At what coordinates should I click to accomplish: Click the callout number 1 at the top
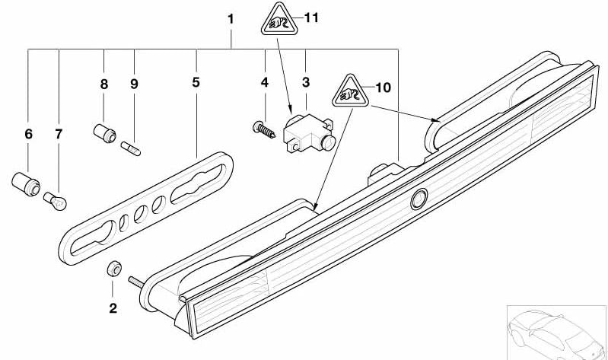pyautogui.click(x=231, y=18)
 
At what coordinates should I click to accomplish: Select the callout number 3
pyautogui.click(x=306, y=81)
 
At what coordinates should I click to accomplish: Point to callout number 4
pyautogui.click(x=265, y=81)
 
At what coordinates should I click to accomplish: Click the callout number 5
pyautogui.click(x=196, y=81)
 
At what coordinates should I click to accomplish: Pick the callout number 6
pyautogui.click(x=29, y=134)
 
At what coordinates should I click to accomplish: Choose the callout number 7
pyautogui.click(x=59, y=134)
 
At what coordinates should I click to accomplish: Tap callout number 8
pyautogui.click(x=104, y=84)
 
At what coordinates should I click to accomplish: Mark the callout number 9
pyautogui.click(x=134, y=84)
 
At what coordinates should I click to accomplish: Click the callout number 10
pyautogui.click(x=382, y=88)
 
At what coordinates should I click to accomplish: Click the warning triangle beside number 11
pyautogui.click(x=279, y=19)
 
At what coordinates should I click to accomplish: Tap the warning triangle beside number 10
pyautogui.click(x=349, y=92)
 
